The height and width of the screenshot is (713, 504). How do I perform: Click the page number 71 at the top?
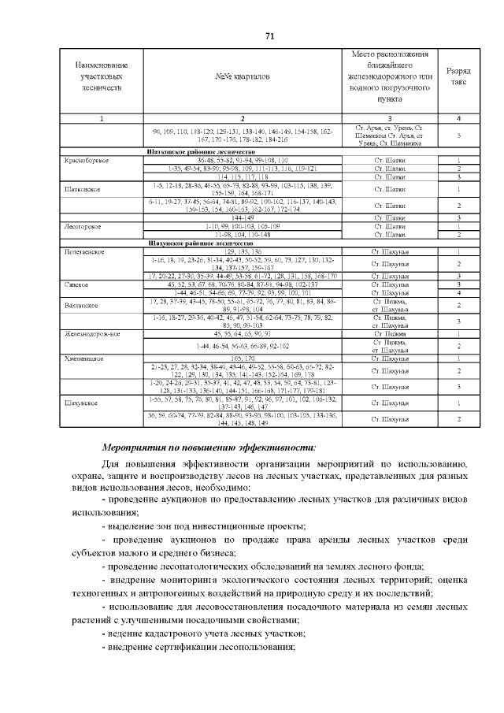(269, 37)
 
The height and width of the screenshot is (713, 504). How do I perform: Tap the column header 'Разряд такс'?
(459, 76)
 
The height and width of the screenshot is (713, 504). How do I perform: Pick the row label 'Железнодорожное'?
(92, 334)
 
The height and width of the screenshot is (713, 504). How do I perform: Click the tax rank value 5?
(459, 135)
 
